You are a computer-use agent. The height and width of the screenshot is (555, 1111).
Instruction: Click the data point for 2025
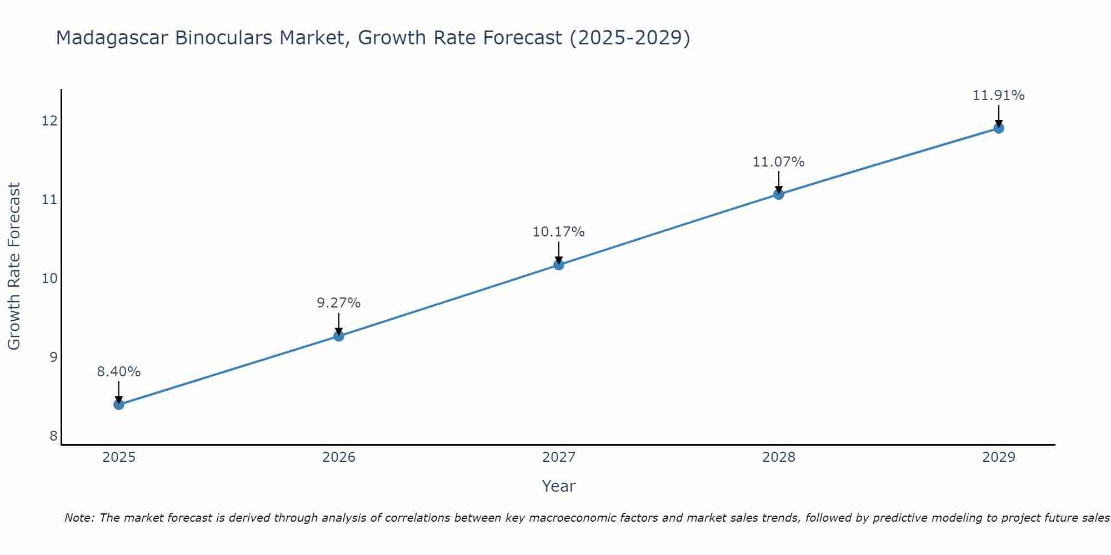[119, 405]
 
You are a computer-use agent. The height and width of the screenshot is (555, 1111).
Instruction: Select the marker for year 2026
[339, 336]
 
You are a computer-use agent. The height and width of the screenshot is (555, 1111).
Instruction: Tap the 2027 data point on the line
[559, 265]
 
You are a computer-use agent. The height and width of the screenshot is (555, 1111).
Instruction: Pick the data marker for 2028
[779, 194]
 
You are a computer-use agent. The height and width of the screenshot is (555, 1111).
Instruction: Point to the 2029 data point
[998, 128]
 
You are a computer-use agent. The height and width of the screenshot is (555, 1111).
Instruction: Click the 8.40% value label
[119, 372]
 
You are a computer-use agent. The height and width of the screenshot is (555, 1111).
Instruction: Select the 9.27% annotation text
[339, 303]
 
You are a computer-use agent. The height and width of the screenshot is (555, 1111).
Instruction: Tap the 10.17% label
[559, 232]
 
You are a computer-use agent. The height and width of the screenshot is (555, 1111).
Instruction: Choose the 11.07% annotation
[779, 162]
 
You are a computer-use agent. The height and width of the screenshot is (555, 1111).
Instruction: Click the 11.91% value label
[998, 95]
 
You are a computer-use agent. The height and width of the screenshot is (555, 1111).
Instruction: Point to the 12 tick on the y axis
[49, 120]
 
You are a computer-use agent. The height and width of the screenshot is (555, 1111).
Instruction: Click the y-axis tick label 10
[49, 278]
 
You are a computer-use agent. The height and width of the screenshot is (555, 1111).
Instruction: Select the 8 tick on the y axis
[53, 436]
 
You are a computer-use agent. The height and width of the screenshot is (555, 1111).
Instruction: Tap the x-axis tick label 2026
[339, 457]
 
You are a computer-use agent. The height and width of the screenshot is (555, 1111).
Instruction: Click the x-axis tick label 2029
[998, 457]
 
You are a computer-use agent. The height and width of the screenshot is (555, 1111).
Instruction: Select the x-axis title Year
[559, 486]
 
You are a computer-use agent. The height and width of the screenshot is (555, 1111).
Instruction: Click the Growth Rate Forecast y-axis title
[14, 266]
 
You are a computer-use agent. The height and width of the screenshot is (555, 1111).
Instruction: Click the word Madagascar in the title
[112, 38]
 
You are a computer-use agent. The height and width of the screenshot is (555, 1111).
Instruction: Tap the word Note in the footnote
[79, 518]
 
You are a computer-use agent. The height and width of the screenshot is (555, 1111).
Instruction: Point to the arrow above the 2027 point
[559, 253]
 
